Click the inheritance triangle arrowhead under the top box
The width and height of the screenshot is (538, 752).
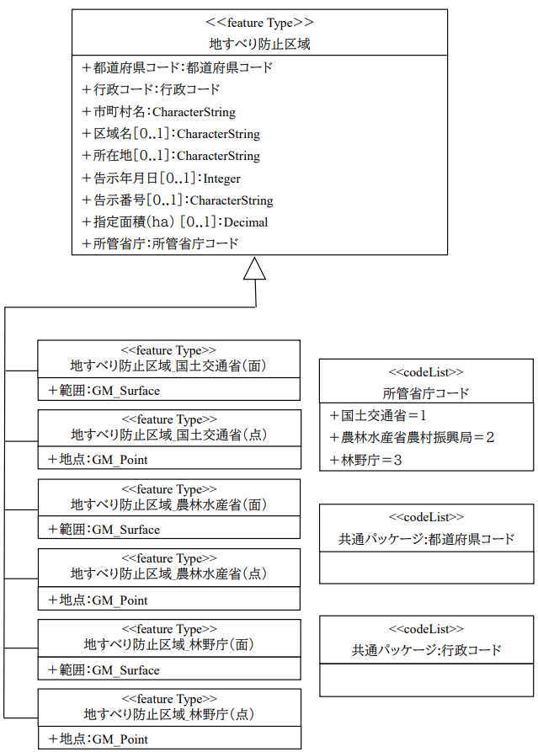point(254,269)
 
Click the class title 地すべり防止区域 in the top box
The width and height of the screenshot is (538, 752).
point(259,44)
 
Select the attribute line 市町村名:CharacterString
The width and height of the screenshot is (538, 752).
point(159,112)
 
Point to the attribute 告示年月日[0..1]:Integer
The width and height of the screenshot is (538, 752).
point(161,178)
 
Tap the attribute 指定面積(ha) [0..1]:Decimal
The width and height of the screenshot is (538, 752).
point(175,222)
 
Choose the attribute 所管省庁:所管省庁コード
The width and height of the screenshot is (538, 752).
point(160,243)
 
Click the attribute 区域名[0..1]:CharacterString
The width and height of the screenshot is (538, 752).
point(171,134)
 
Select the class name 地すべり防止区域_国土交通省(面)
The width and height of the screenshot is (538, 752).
point(168,366)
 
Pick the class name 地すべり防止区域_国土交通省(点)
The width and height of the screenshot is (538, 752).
point(168,435)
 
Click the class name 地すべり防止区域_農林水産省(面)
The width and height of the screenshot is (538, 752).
point(168,504)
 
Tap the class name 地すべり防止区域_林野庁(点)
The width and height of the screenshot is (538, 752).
point(168,714)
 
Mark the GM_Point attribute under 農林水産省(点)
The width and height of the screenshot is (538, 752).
point(98,600)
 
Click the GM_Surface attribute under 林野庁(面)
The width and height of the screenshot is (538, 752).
point(104,670)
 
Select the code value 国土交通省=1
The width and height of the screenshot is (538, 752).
point(378,415)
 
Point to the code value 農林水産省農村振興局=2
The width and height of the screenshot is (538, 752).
point(412,437)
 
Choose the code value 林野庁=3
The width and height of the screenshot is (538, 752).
point(366,460)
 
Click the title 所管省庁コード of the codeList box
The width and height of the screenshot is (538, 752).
point(426,393)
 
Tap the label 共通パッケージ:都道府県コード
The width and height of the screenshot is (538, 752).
point(426,539)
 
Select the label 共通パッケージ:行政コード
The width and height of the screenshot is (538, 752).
point(426,650)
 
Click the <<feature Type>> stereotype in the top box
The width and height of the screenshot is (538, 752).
point(259,23)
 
